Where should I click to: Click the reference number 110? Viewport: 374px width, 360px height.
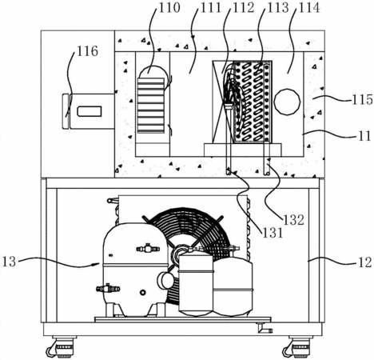(x=169, y=8)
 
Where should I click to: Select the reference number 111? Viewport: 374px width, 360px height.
(x=211, y=8)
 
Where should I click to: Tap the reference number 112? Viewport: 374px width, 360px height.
(x=244, y=8)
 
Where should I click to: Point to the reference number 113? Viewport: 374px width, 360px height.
(x=278, y=8)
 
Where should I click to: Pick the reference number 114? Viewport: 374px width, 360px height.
(x=309, y=8)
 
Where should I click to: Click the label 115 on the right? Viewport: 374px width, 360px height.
(x=362, y=99)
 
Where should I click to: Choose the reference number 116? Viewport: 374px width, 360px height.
(x=87, y=50)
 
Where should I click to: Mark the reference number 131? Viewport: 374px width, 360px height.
(x=273, y=233)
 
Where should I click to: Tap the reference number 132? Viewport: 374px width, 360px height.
(x=293, y=220)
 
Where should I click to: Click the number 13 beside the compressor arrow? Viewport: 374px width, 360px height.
(x=10, y=262)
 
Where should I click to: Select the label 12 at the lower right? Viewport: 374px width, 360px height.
(x=364, y=262)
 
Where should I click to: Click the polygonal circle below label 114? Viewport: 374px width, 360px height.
(x=287, y=102)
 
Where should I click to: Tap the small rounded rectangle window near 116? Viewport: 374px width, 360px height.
(x=90, y=111)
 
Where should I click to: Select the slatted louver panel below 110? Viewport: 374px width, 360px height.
(x=150, y=106)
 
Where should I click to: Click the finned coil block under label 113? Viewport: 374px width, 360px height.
(x=253, y=102)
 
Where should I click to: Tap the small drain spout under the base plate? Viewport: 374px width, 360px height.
(x=265, y=328)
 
